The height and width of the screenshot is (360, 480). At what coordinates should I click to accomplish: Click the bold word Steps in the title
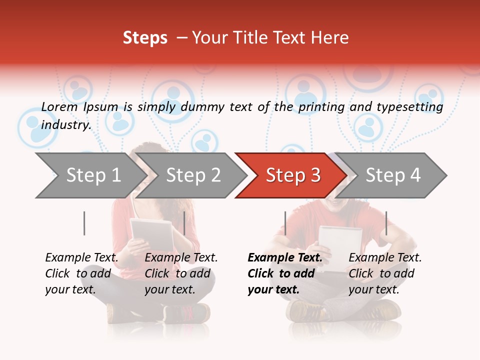(x=145, y=38)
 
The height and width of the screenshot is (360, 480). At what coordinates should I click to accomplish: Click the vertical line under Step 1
(x=84, y=223)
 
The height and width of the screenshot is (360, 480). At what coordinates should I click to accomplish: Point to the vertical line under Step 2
(x=184, y=223)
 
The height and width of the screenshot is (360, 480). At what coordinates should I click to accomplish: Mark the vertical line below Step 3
(x=285, y=223)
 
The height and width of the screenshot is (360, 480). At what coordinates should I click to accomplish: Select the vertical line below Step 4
(x=386, y=223)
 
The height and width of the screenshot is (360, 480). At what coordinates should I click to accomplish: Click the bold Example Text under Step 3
(x=285, y=257)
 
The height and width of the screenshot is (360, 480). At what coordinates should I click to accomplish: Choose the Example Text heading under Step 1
(x=82, y=257)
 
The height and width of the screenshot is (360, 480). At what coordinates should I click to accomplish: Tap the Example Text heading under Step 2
(x=181, y=257)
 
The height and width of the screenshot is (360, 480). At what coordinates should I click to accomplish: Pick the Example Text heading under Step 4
(x=385, y=257)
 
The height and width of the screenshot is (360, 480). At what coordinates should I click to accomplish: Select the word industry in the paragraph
(x=66, y=124)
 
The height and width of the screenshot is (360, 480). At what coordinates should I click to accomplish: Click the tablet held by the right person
(x=340, y=242)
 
